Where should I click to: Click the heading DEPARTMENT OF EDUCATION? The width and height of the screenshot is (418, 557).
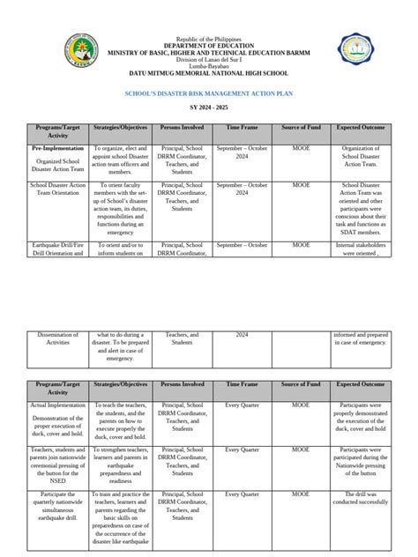[x=208, y=46]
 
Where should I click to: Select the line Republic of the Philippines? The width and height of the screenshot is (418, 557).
[x=208, y=40]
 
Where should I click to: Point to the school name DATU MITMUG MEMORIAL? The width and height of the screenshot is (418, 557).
[x=208, y=71]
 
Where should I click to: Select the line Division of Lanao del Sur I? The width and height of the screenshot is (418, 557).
[x=208, y=59]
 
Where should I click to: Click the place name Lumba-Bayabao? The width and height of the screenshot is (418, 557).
[x=208, y=65]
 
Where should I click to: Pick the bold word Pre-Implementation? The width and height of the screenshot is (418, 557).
[x=56, y=151]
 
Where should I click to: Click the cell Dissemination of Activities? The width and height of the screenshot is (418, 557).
[x=58, y=339]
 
